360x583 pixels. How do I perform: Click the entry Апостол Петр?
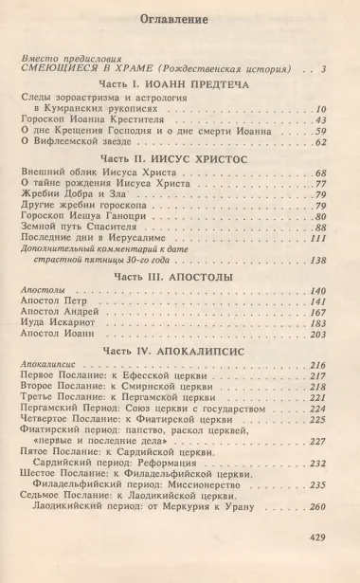(60, 301)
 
